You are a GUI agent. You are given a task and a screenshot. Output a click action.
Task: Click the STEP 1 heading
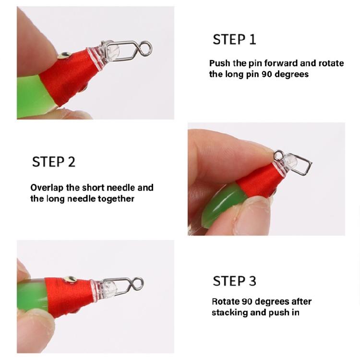coord(234,39)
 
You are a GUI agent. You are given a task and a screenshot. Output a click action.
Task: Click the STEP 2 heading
coord(53,162)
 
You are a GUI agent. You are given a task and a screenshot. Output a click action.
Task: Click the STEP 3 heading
coord(234,281)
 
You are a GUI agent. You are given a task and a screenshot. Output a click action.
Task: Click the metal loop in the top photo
coord(146,48)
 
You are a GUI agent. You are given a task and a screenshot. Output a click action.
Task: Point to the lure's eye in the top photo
coord(62,57)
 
